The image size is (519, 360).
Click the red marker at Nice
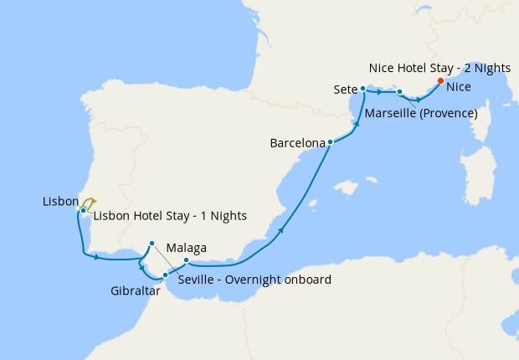(x=440, y=81)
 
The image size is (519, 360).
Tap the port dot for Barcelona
(x=331, y=142)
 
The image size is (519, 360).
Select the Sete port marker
(x=362, y=88)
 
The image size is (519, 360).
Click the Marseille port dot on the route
(x=400, y=92)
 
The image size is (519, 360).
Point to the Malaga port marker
(x=186, y=260)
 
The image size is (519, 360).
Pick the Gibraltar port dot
(x=165, y=275)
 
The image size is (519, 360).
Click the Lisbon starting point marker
(x=84, y=209)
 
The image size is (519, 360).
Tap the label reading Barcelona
(x=297, y=144)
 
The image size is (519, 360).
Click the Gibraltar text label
(x=135, y=291)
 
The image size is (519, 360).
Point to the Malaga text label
(x=186, y=248)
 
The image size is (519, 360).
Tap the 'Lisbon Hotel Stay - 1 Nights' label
(x=170, y=216)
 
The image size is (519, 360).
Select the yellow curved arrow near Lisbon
(x=90, y=202)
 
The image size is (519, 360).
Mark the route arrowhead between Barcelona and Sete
(x=357, y=125)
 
